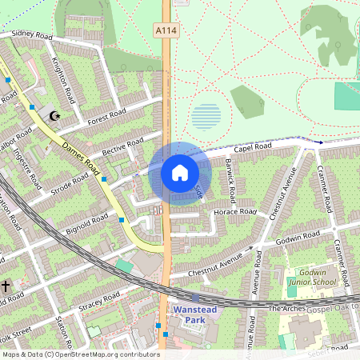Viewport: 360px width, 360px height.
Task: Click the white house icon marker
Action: click(179, 172)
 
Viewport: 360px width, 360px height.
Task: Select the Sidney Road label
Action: click(32, 36)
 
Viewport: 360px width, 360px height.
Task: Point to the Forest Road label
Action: click(107, 114)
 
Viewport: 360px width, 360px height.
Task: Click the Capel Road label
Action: click(253, 147)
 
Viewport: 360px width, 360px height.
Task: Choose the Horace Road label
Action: click(235, 212)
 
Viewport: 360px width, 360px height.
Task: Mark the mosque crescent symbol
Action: click(54, 116)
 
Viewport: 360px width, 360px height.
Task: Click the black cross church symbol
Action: click(5, 285)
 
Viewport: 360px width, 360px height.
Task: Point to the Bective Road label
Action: click(122, 146)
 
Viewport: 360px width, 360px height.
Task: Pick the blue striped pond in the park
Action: click(206, 118)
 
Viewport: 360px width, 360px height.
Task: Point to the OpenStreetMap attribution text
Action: click(80, 354)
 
